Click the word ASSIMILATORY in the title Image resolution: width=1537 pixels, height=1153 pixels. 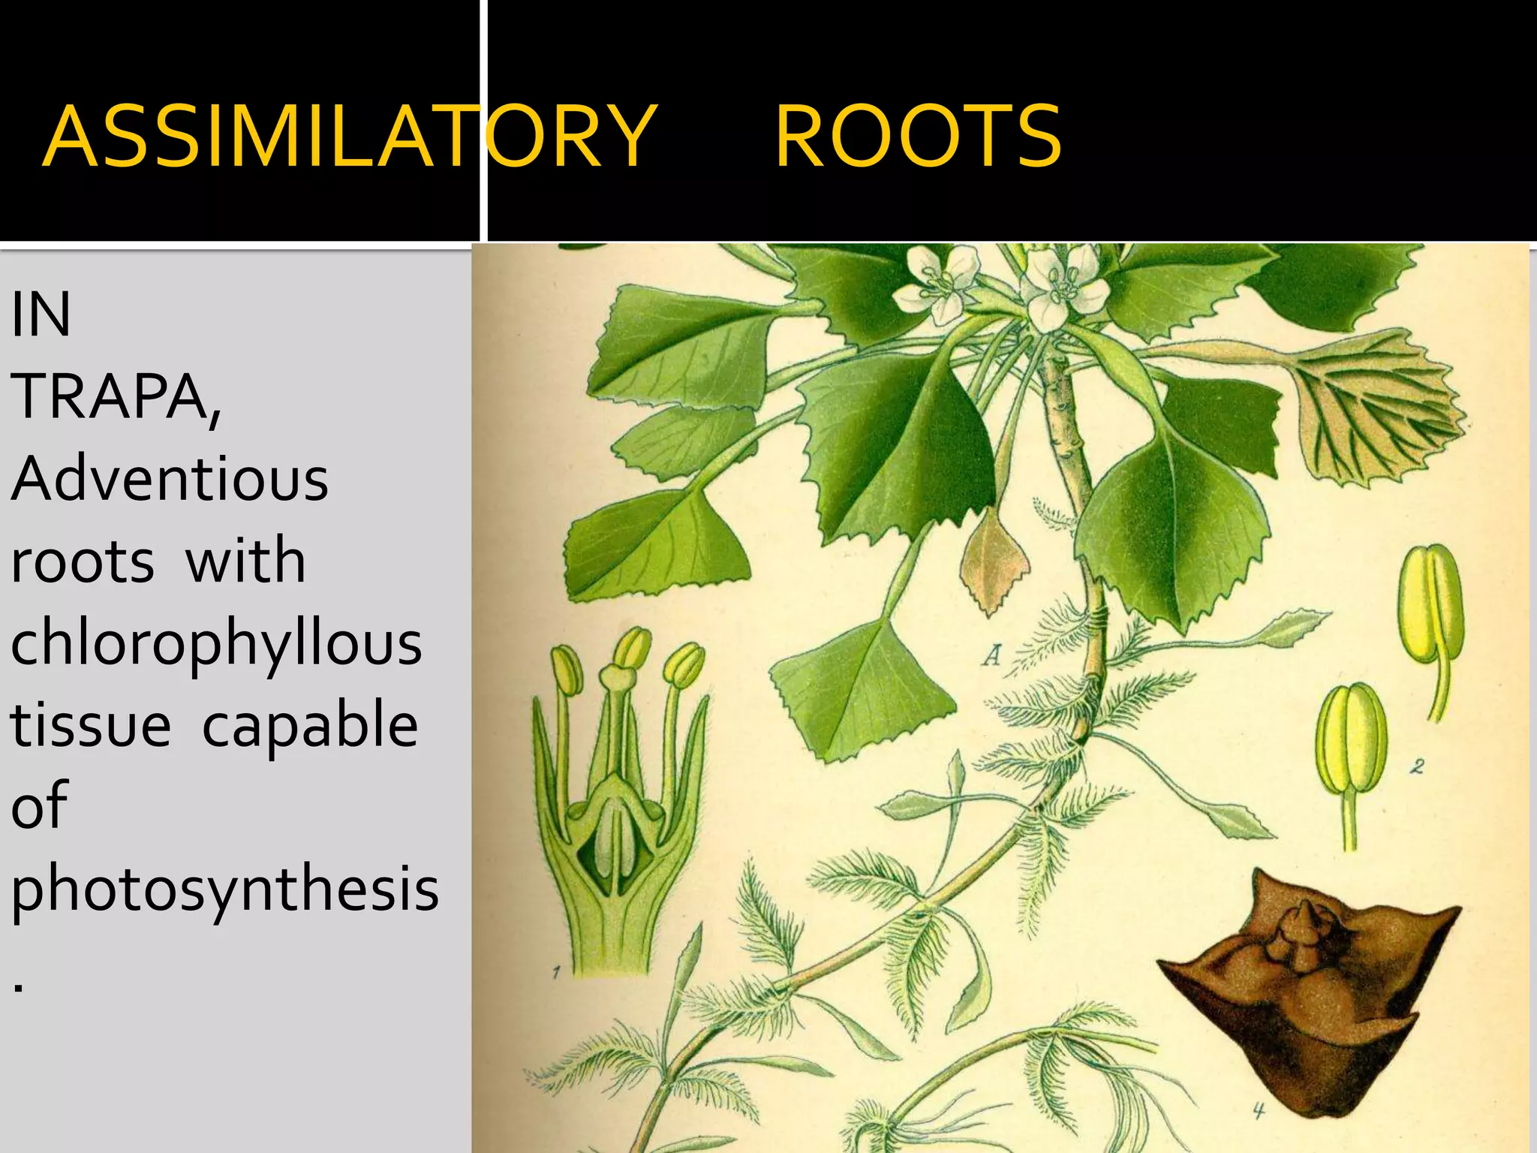[350, 137]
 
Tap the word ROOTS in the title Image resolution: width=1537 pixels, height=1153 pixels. [917, 137]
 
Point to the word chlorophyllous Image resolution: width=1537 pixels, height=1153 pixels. [216, 644]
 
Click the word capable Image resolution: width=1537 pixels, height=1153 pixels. [309, 724]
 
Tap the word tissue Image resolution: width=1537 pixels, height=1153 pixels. [90, 724]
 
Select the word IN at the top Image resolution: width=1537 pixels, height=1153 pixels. [41, 315]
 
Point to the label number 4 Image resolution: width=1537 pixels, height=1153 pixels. [1259, 1110]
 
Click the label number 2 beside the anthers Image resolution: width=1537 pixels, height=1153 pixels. [1416, 766]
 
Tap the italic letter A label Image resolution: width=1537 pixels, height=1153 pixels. [992, 655]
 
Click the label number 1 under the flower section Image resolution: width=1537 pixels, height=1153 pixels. [556, 973]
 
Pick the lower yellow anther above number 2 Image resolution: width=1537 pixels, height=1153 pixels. [1351, 743]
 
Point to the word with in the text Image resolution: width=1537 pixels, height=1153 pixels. [245, 561]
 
